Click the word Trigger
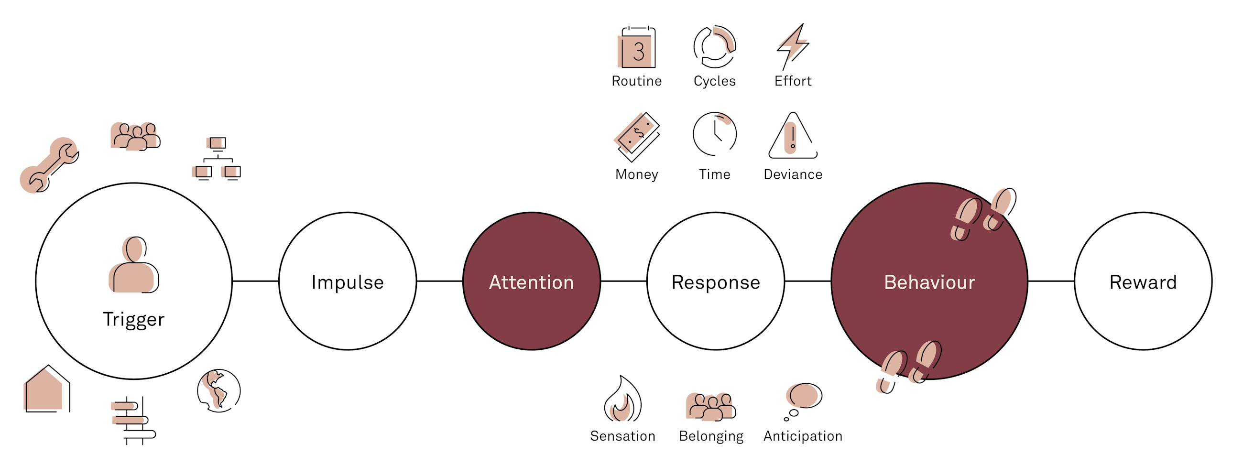[134, 319]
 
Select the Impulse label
[348, 282]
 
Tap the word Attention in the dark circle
[531, 282]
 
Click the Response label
[716, 282]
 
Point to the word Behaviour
[929, 282]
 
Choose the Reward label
[1143, 282]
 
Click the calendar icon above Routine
[637, 47]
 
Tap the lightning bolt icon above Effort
[792, 46]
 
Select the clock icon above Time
[715, 134]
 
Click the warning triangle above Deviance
[793, 137]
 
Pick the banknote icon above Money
[637, 137]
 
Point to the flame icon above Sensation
[622, 400]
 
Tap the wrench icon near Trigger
[49, 165]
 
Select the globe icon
[218, 390]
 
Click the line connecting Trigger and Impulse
[255, 281]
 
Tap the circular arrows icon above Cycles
[715, 47]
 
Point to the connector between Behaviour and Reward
[1051, 281]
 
